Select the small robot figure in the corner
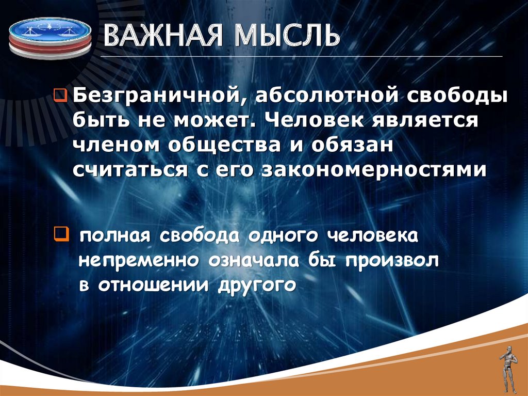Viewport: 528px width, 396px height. coord(507,369)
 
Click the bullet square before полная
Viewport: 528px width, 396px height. coord(60,236)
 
